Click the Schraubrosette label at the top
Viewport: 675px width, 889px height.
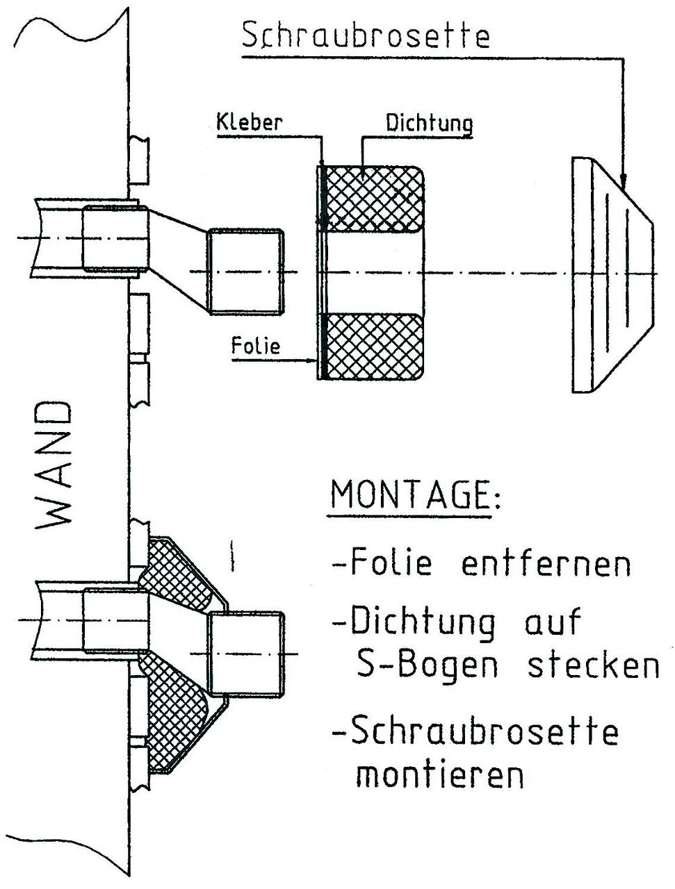[366, 36]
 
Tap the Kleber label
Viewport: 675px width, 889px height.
[250, 122]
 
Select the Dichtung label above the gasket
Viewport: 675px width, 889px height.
[429, 123]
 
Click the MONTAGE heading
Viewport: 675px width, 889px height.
[416, 495]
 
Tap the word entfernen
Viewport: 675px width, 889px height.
[546, 563]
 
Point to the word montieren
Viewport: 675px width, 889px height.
[440, 773]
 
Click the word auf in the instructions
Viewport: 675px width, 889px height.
[554, 620]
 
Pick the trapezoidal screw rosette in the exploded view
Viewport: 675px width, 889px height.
[612, 275]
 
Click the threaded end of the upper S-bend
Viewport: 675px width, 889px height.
[245, 272]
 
